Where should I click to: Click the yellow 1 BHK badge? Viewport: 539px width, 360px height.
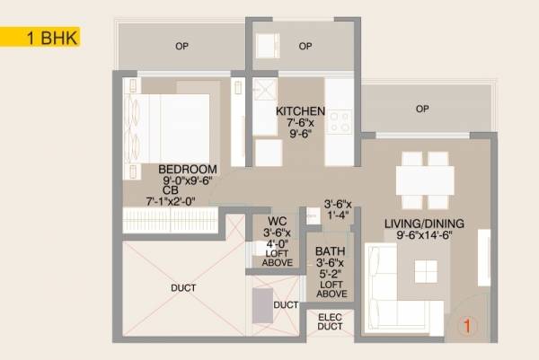(x=40, y=37)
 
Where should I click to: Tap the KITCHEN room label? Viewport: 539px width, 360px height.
(x=300, y=110)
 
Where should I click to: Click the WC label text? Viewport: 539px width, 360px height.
(x=271, y=222)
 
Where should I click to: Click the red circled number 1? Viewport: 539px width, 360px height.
(x=466, y=327)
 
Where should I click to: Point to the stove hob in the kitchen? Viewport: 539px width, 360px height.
(x=339, y=122)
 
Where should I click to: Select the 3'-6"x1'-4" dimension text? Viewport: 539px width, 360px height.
(x=339, y=208)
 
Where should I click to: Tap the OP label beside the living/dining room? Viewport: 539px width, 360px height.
(x=421, y=110)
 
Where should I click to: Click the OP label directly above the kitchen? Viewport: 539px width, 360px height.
(x=305, y=47)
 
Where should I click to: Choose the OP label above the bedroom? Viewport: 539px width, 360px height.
(x=182, y=45)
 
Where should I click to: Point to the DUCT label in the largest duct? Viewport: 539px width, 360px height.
(x=182, y=287)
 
